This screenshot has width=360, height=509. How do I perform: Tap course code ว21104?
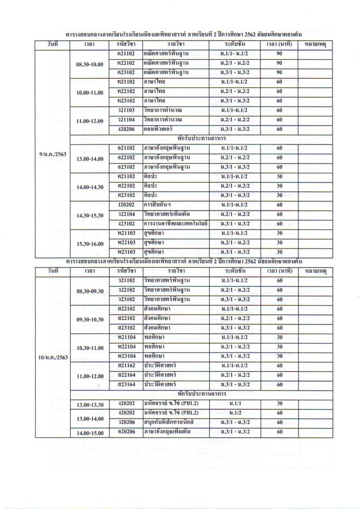pyautogui.click(x=126, y=120)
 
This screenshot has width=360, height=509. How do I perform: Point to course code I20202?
pyautogui.click(x=126, y=205)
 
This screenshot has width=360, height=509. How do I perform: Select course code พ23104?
pyautogui.click(x=126, y=356)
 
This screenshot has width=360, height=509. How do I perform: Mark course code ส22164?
pyautogui.click(x=126, y=375)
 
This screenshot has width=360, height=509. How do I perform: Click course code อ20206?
pyautogui.click(x=126, y=432)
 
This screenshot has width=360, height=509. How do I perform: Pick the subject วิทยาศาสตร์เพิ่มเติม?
pyautogui.click(x=169, y=215)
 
